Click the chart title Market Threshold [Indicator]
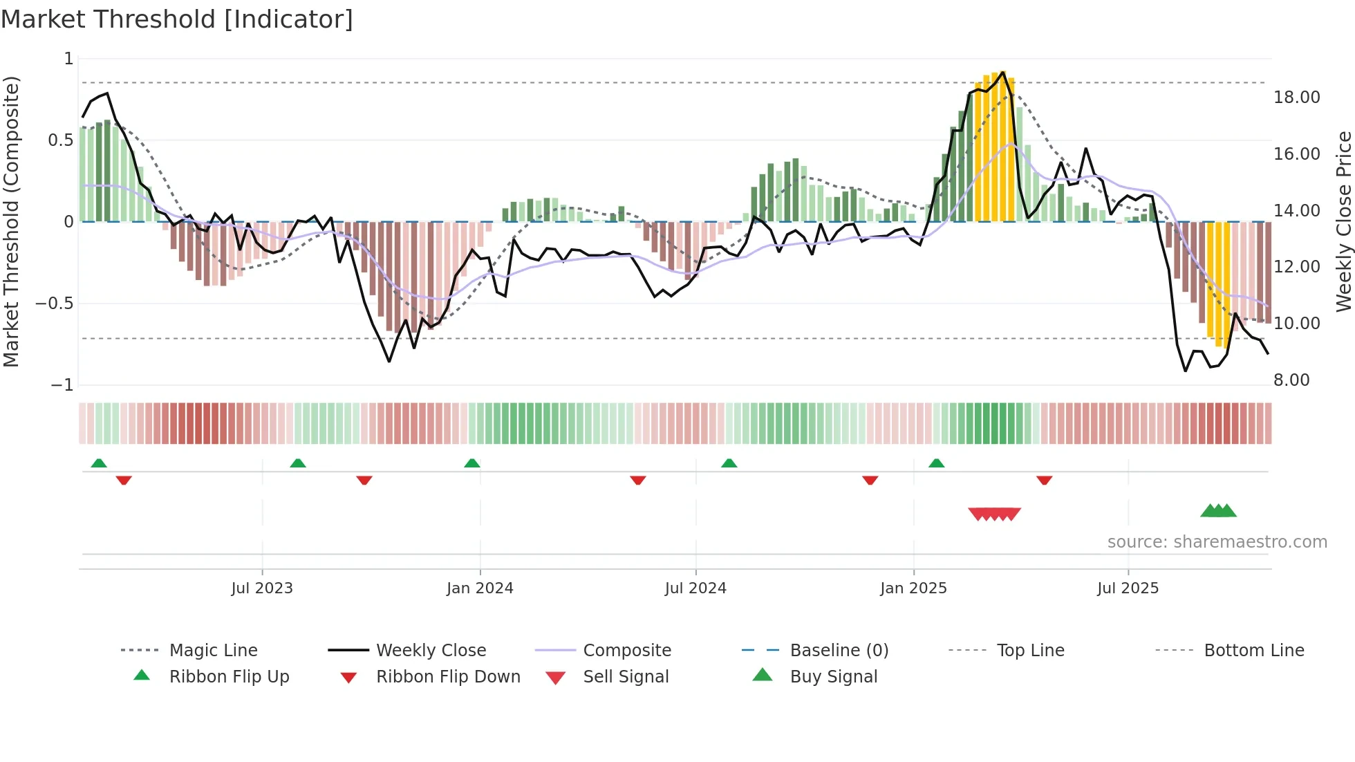(177, 19)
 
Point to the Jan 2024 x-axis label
(480, 588)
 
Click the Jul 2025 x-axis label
(1128, 588)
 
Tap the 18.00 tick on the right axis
(1297, 97)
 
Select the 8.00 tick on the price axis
(1291, 380)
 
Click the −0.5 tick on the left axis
(55, 304)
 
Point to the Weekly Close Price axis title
(1343, 221)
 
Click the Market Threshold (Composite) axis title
(11, 221)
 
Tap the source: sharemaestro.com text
(1217, 541)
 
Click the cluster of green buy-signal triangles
(1218, 511)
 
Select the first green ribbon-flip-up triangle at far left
(99, 463)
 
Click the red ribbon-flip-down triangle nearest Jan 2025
(870, 480)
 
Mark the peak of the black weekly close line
(1002, 72)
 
